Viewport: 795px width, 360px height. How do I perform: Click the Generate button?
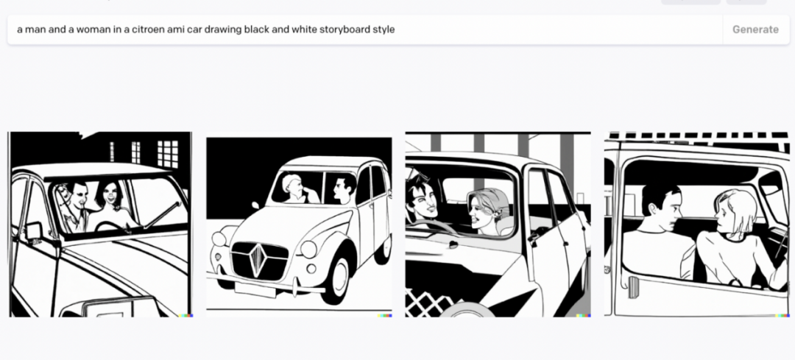(755, 29)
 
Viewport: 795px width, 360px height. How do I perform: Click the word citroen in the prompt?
(148, 29)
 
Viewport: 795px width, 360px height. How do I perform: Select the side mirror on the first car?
(35, 231)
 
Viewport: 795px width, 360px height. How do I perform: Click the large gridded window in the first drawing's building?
(168, 154)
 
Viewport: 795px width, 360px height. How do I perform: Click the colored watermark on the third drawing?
(583, 315)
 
